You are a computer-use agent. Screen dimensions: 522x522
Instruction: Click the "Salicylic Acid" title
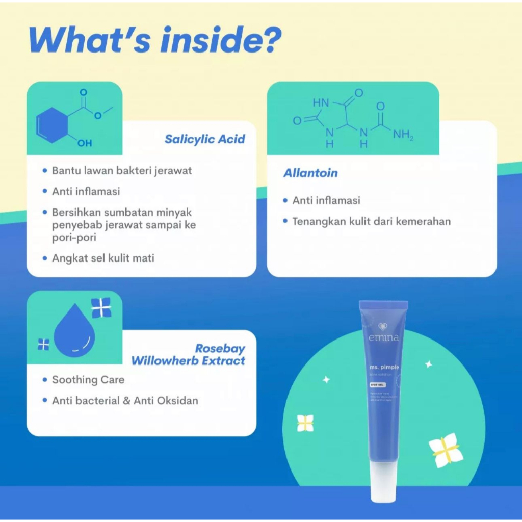coord(204,139)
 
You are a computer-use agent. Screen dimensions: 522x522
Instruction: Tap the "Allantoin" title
coord(310,173)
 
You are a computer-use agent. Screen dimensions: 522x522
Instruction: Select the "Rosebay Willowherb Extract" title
coord(188,355)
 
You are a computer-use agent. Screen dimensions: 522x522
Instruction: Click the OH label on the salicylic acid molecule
coord(84,143)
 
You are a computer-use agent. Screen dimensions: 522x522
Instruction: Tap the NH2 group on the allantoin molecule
coord(403,135)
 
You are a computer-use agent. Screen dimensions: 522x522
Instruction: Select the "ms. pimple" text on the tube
coord(385,367)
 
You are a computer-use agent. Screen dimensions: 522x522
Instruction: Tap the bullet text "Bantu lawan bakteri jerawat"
coord(122,170)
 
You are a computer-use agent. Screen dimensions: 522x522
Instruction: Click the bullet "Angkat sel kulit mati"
coord(103,258)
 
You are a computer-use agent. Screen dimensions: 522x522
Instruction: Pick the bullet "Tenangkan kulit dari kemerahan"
coord(371,221)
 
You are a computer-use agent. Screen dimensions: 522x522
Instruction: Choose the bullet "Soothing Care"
coord(88,380)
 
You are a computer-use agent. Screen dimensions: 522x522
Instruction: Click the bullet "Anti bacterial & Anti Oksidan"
coord(125,401)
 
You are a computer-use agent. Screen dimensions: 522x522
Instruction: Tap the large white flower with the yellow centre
coord(446,450)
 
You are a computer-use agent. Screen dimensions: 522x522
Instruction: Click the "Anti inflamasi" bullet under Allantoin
coord(326,200)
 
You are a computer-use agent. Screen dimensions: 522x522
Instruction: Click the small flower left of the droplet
coord(44,345)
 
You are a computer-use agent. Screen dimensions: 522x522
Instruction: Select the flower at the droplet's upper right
coord(101,307)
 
